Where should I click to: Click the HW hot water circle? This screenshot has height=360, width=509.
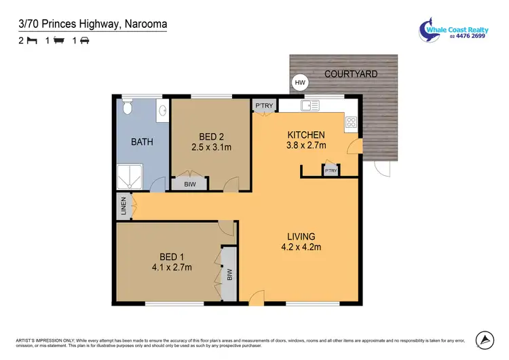[x=299, y=83]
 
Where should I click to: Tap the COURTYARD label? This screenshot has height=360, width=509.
[x=350, y=73]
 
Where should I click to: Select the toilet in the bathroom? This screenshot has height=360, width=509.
[x=126, y=109]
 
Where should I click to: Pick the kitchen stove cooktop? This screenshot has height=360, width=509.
[x=352, y=122]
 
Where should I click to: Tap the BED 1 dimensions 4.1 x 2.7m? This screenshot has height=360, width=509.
[x=171, y=267]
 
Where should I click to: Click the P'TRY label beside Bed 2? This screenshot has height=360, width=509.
[x=263, y=105]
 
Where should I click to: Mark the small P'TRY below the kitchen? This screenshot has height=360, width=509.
[x=331, y=170]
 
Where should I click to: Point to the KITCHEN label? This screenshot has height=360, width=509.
[x=306, y=134]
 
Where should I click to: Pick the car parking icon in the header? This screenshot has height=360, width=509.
[x=85, y=41]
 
